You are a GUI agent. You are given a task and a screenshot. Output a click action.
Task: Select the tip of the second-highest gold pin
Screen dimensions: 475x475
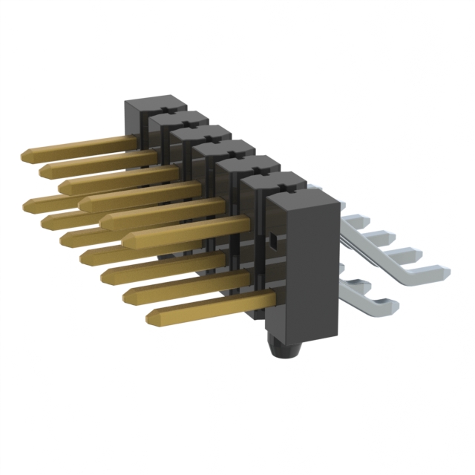(43, 171)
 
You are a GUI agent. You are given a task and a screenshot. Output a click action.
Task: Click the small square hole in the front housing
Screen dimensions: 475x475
(273, 240)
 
